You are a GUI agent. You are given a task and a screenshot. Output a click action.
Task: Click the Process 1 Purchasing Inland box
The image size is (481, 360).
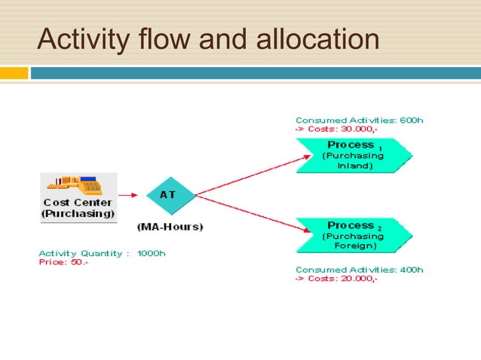click(353, 154)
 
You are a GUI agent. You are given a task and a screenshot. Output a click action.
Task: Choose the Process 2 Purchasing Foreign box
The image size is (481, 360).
click(353, 235)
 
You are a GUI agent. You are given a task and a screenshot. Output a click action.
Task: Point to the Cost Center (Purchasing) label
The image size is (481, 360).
click(78, 208)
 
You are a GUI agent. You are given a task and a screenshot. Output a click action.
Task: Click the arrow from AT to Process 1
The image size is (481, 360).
click(253, 175)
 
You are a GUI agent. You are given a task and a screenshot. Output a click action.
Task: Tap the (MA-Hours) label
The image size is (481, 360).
click(170, 226)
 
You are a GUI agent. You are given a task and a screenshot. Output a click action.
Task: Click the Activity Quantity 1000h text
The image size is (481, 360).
click(102, 253)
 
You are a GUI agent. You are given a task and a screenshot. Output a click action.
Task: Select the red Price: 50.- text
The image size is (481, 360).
click(63, 262)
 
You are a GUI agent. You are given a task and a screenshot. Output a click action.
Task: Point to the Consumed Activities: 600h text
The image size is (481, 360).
click(359, 120)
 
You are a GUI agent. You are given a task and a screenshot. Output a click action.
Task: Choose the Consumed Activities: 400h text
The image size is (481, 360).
click(359, 269)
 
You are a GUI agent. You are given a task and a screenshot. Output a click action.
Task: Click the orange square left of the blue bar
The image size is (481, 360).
click(14, 73)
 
